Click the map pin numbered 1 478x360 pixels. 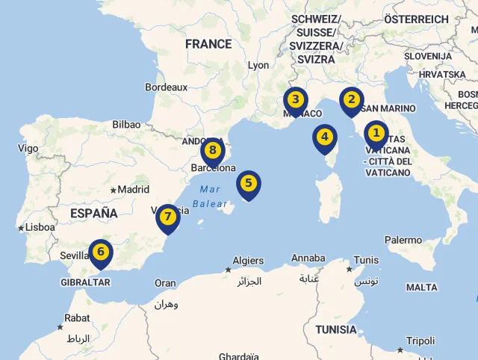click(x=376, y=134)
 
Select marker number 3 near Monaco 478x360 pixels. click(x=296, y=100)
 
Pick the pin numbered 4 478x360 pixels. click(x=324, y=137)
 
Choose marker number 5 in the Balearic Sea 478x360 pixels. click(x=249, y=183)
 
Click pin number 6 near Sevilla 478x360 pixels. click(x=100, y=252)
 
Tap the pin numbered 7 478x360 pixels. click(x=168, y=217)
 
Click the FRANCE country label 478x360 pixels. click(x=208, y=45)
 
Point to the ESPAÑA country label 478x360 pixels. click(x=93, y=214)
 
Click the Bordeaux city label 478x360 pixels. click(x=166, y=87)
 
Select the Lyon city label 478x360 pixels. click(x=258, y=66)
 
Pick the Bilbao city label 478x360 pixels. click(x=126, y=125)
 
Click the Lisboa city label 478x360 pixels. click(x=40, y=227)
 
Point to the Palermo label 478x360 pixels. click(x=403, y=240)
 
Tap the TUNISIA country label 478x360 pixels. click(x=336, y=329)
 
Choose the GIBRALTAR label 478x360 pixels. click(x=86, y=282)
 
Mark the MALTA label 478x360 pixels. click(x=422, y=288)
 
